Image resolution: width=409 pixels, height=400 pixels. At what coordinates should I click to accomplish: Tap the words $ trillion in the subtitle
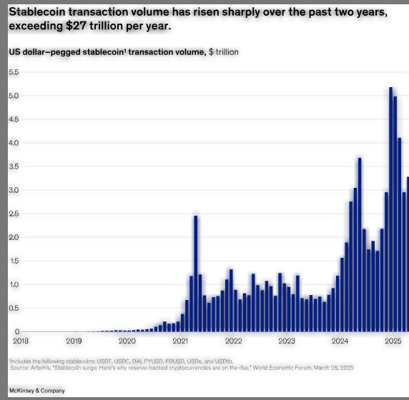tap(223, 52)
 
